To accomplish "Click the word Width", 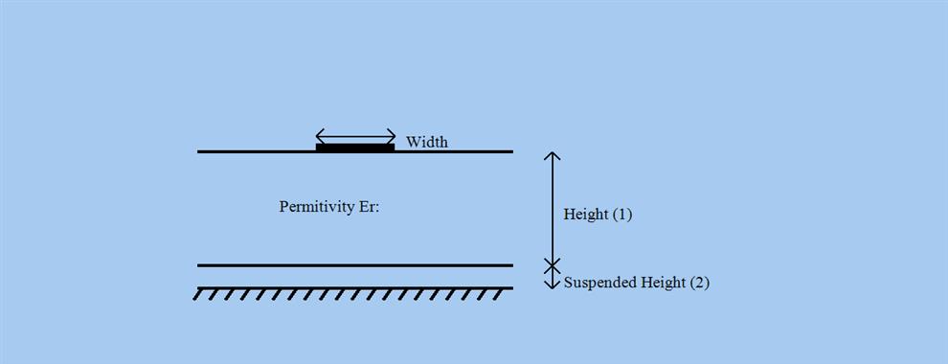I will (427, 143).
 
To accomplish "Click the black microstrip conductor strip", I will (355, 148).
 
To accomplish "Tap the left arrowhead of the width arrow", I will (320, 135).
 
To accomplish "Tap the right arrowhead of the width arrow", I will (392, 135).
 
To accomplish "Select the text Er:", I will (369, 207).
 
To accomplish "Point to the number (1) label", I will (621, 215).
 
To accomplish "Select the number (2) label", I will (699, 283).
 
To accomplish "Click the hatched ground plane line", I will (354, 287).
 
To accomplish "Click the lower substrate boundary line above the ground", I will (354, 265).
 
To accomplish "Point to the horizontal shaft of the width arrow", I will (355, 135).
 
